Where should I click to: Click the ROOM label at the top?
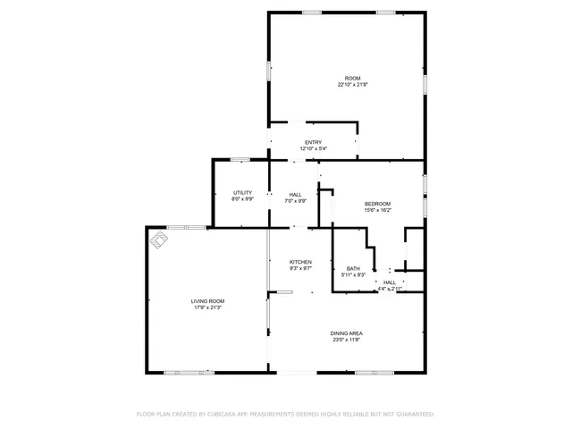[352, 79]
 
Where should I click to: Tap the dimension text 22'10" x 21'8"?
[352, 85]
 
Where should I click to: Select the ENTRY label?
[313, 142]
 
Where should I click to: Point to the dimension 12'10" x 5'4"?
[313, 148]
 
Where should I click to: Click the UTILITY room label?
[242, 192]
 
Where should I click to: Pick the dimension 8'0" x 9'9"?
[242, 198]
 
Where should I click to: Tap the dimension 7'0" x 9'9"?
[295, 200]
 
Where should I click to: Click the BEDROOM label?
[377, 204]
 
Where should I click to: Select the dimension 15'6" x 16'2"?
[377, 210]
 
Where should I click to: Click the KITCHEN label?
[300, 261]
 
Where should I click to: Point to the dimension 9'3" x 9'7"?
[300, 267]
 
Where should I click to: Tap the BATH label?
[353, 268]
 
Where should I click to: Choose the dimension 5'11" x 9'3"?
[353, 274]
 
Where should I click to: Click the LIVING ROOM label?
[207, 301]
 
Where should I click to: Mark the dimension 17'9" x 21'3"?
[207, 307]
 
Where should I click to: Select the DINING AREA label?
[347, 333]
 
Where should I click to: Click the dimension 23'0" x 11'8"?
[347, 340]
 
